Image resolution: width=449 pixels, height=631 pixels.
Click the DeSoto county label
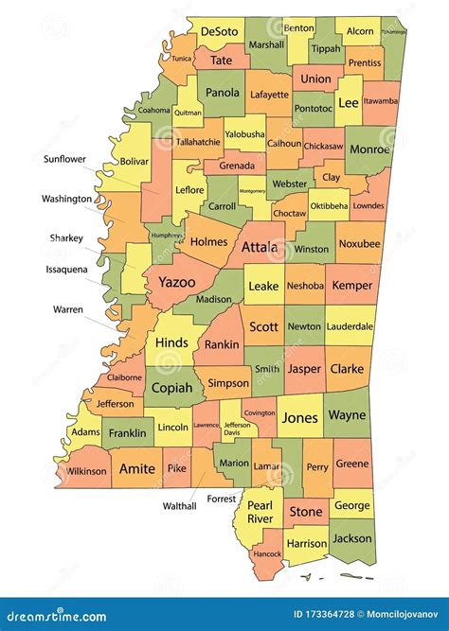click(219, 31)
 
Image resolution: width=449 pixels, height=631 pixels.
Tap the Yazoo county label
click(176, 282)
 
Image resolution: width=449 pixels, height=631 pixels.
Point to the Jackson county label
click(352, 538)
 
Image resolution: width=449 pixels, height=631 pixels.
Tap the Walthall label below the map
click(178, 506)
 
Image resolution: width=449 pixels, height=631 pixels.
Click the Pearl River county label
click(259, 512)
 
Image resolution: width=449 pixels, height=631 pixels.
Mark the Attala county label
click(260, 248)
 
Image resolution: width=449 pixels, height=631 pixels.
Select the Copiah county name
click(172, 388)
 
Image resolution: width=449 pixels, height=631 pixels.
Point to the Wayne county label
click(346, 415)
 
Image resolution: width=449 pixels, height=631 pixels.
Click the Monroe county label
click(368, 149)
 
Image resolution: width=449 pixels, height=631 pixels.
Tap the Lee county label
click(349, 103)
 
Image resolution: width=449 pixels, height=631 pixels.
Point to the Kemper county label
click(352, 285)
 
